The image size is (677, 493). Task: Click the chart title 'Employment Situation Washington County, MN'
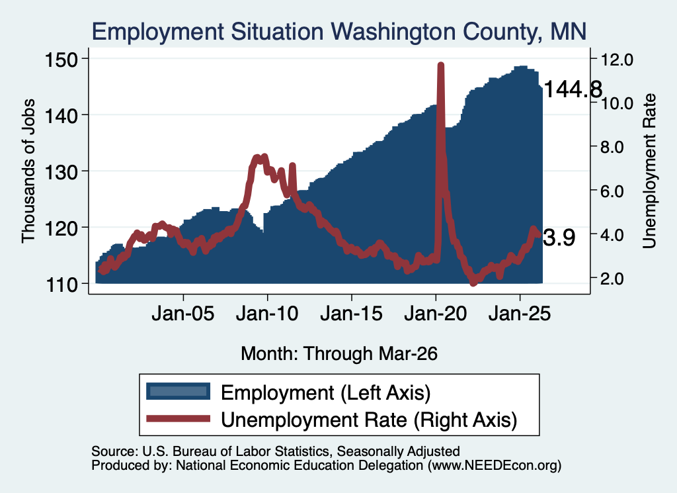[339, 32]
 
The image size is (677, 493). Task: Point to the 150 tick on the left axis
[65, 59]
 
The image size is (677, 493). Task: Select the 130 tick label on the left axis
[65, 171]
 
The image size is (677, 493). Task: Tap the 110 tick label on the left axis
[65, 284]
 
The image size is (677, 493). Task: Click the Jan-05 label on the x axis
[182, 314]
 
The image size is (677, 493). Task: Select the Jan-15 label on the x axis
[351, 314]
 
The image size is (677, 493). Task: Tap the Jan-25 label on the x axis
[520, 314]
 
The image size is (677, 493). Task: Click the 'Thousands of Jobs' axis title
[28, 171]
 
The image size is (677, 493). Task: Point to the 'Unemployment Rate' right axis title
[649, 171]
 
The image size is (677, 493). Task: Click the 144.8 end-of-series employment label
[573, 90]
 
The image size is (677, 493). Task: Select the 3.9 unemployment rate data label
[559, 238]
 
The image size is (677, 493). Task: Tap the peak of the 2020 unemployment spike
[440, 66]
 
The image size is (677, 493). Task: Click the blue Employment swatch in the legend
[178, 391]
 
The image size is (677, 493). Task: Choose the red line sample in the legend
[178, 418]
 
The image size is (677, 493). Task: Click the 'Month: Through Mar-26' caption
[339, 353]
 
